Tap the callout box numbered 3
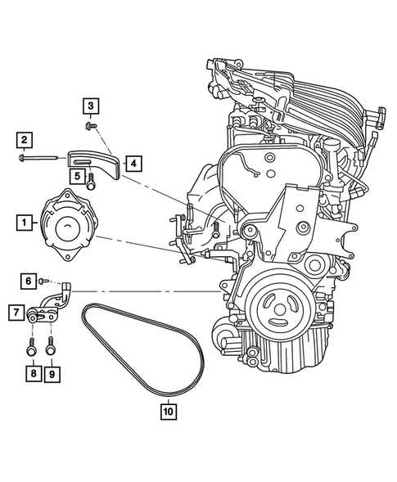pyautogui.click(x=90, y=106)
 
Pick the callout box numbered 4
pyautogui.click(x=132, y=164)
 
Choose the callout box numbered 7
pyautogui.click(x=16, y=311)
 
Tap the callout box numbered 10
pyautogui.click(x=168, y=413)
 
